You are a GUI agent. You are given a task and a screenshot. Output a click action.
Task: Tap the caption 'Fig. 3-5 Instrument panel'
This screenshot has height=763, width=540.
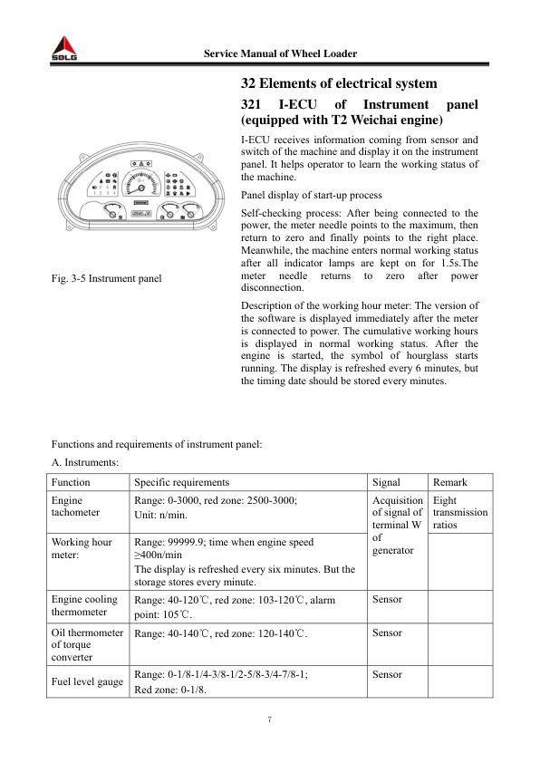[107, 276]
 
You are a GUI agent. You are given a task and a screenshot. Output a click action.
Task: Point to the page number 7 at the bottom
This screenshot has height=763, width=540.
[270, 720]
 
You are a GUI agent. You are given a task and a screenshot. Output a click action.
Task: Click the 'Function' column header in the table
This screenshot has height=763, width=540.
[71, 482]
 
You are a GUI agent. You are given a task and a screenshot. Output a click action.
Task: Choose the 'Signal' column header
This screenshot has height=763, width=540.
[388, 482]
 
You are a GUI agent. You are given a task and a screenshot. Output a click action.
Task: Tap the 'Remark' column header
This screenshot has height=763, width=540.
[451, 482]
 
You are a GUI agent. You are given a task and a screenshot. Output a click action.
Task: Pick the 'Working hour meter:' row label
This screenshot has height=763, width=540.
[82, 548]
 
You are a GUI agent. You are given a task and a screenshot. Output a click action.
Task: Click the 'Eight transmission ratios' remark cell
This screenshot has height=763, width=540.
[460, 513]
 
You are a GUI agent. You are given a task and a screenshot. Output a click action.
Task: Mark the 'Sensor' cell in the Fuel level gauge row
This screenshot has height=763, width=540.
[387, 675]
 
